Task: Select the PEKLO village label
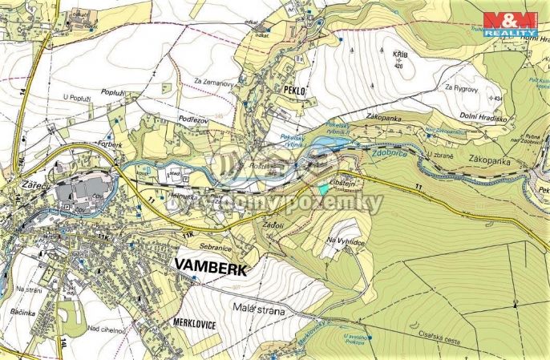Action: click(x=294, y=91)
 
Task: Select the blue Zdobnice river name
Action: click(x=389, y=152)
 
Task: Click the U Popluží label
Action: click(x=79, y=97)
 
